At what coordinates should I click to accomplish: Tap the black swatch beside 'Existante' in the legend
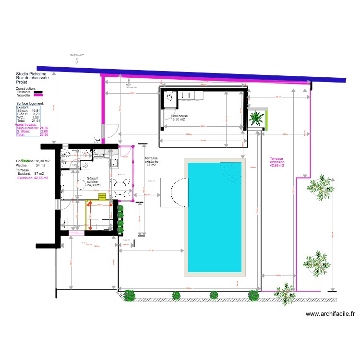point(37,92)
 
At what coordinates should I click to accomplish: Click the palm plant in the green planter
point(257,118)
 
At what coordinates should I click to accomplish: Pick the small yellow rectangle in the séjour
point(102,196)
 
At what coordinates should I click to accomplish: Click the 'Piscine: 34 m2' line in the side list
point(27,166)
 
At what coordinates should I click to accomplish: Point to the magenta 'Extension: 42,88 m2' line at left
point(33,178)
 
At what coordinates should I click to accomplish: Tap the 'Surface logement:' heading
point(30,103)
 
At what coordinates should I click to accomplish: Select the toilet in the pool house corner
point(169,96)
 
